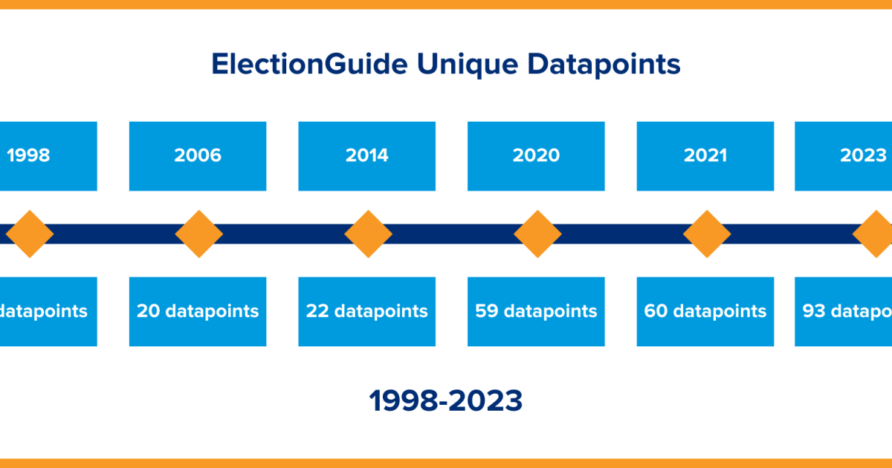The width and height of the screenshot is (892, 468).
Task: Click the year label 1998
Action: [x=28, y=155]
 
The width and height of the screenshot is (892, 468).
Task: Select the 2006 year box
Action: [x=198, y=155]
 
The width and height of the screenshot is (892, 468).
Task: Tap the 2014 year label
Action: [x=367, y=155]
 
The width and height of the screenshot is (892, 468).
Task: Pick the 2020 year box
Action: [x=536, y=155]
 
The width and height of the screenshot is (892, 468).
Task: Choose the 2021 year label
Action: [x=705, y=155]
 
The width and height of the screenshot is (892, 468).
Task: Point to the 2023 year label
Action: [x=862, y=155]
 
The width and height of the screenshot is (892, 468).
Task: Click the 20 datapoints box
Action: [x=198, y=311]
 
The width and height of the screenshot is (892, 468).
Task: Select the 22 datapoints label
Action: [x=367, y=311]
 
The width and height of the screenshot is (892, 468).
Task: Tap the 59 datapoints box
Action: [x=536, y=311]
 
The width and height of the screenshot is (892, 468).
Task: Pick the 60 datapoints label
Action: [x=705, y=311]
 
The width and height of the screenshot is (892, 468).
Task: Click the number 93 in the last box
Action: [x=815, y=311]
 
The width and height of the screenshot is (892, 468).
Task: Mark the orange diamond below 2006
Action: [x=198, y=234]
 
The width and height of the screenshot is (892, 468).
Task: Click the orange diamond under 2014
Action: [x=368, y=234]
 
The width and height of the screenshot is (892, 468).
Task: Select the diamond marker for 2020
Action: [x=537, y=234]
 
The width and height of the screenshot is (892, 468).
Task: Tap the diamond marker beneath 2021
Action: [x=707, y=234]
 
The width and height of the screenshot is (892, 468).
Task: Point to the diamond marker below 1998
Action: [x=30, y=234]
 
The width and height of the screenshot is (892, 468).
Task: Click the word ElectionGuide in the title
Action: [x=308, y=64]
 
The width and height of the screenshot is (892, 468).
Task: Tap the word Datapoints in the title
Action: [x=604, y=64]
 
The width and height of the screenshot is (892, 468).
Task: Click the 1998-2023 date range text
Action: [x=446, y=401]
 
